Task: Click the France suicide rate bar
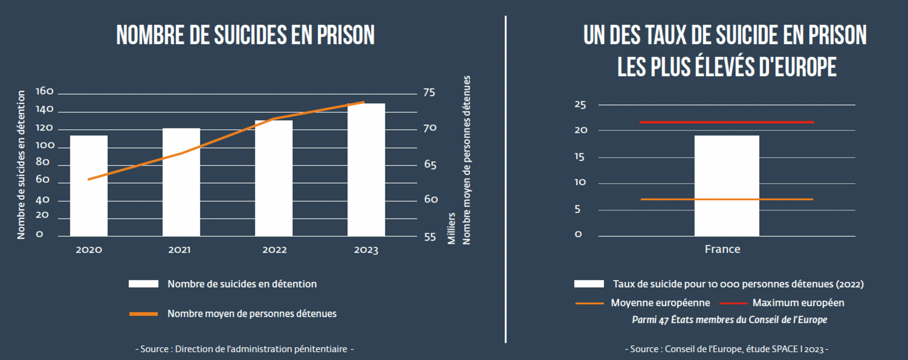[x=726, y=186]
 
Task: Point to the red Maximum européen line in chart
[x=726, y=122]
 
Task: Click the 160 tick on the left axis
[x=45, y=91]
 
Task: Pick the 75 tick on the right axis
[x=429, y=92]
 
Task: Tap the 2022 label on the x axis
[x=274, y=250]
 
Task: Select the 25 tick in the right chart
[x=580, y=105]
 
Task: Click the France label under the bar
[x=722, y=249]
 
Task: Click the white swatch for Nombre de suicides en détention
[x=143, y=284]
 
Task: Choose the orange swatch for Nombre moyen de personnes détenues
[x=143, y=314]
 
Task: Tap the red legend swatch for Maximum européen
[x=733, y=303]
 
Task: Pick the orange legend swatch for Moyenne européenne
[x=589, y=303]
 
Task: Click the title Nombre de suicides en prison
[x=246, y=35]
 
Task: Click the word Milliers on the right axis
[x=451, y=228]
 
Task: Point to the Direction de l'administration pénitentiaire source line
[x=244, y=349]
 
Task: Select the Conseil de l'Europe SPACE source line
[x=726, y=349]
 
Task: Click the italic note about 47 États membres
[x=729, y=320]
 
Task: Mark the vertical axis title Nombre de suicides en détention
[x=21, y=165]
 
